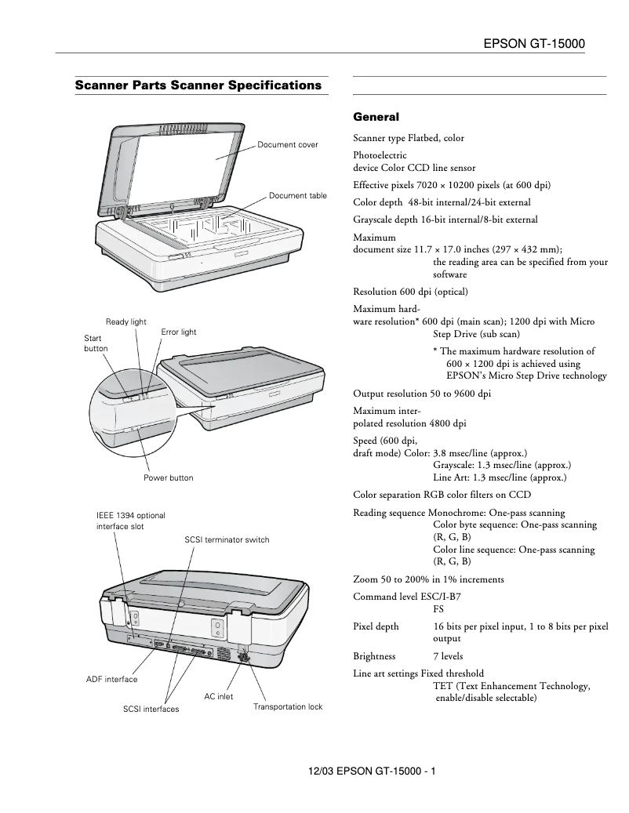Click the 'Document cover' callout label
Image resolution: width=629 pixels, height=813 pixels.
tap(288, 145)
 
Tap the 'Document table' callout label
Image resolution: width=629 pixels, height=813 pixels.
tap(297, 195)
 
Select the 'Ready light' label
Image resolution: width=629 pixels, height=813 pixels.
tap(126, 322)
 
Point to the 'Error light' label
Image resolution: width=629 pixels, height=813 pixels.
tap(179, 332)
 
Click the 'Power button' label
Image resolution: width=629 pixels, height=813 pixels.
tap(168, 477)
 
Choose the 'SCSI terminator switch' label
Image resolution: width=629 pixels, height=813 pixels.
tap(227, 539)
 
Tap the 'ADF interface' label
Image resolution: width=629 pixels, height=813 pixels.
tap(111, 679)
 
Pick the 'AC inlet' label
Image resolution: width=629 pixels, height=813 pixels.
tap(219, 696)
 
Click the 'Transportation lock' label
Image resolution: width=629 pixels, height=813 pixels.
tap(288, 706)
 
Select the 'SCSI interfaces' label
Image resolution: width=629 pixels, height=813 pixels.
tap(151, 709)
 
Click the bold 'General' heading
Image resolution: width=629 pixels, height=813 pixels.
tap(376, 117)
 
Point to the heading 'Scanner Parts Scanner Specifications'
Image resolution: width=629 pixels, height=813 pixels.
tap(198, 85)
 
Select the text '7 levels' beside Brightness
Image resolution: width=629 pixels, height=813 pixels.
tap(448, 656)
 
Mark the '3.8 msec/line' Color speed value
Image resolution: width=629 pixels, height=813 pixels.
tap(460, 453)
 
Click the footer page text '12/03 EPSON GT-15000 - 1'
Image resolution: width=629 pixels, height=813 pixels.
tap(373, 771)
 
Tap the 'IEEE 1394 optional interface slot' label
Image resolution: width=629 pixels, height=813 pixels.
tap(125, 521)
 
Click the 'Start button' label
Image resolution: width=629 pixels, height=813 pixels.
tap(96, 343)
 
